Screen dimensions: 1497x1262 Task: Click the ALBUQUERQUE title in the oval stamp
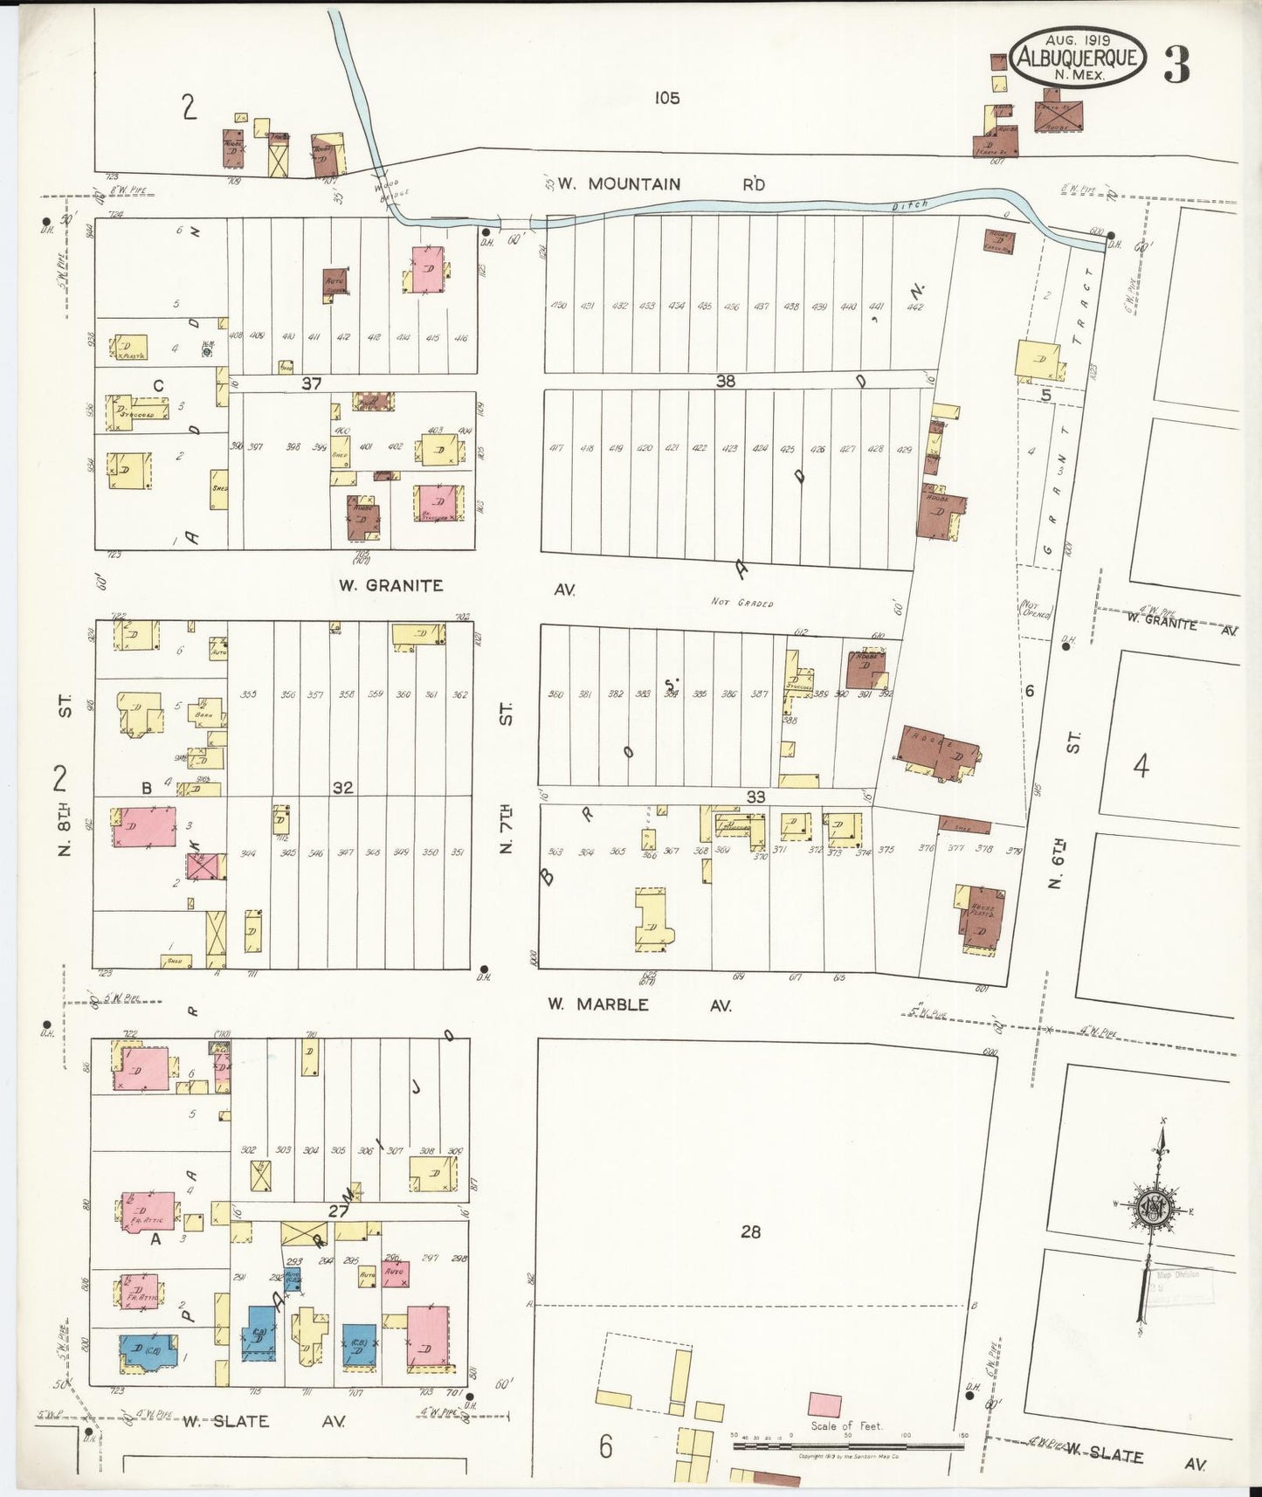tap(1077, 59)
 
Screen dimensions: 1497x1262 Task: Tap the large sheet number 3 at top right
tap(1176, 66)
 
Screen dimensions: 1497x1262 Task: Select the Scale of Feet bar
tap(847, 1445)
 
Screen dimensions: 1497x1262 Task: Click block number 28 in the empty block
tap(750, 1231)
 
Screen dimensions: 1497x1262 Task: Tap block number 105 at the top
tap(666, 98)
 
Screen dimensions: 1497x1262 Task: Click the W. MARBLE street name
tap(598, 1004)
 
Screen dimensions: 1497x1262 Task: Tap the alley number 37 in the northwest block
tap(312, 383)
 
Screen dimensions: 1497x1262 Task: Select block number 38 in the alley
tap(725, 381)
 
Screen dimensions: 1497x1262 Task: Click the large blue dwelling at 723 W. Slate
tap(146, 1351)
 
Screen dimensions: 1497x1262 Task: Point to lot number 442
tap(914, 307)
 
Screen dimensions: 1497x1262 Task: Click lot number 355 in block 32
tap(248, 695)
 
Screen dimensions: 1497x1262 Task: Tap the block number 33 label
tap(755, 797)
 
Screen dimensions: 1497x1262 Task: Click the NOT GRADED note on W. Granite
tap(742, 603)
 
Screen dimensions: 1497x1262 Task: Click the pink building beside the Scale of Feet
tap(824, 1405)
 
